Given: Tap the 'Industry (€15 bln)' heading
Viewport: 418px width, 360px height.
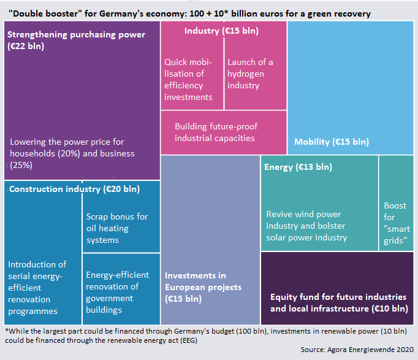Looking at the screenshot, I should pyautogui.click(x=221, y=31).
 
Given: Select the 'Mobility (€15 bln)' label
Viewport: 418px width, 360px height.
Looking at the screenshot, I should pyautogui.click(x=332, y=142).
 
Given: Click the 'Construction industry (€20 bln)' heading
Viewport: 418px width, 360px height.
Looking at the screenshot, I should pyautogui.click(x=74, y=189).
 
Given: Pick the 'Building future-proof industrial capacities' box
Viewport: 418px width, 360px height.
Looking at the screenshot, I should pyautogui.click(x=216, y=132).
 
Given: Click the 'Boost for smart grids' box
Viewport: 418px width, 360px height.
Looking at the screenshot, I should pyautogui.click(x=397, y=223).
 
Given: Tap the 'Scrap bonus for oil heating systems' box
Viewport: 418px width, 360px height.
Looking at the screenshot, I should pyautogui.click(x=117, y=228).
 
